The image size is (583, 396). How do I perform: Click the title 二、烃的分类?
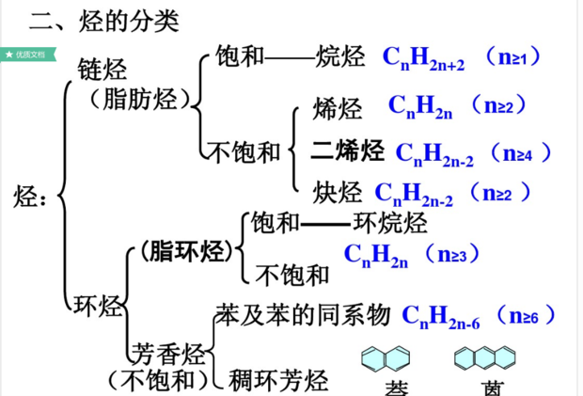(x=104, y=20)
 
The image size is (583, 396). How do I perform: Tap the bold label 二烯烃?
(x=348, y=150)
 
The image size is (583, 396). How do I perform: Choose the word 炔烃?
(x=338, y=193)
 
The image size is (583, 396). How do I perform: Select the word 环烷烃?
(x=389, y=223)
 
